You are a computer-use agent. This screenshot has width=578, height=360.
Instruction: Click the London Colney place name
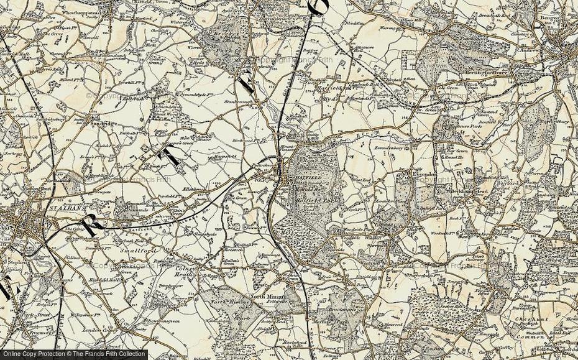(x=81, y=330)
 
